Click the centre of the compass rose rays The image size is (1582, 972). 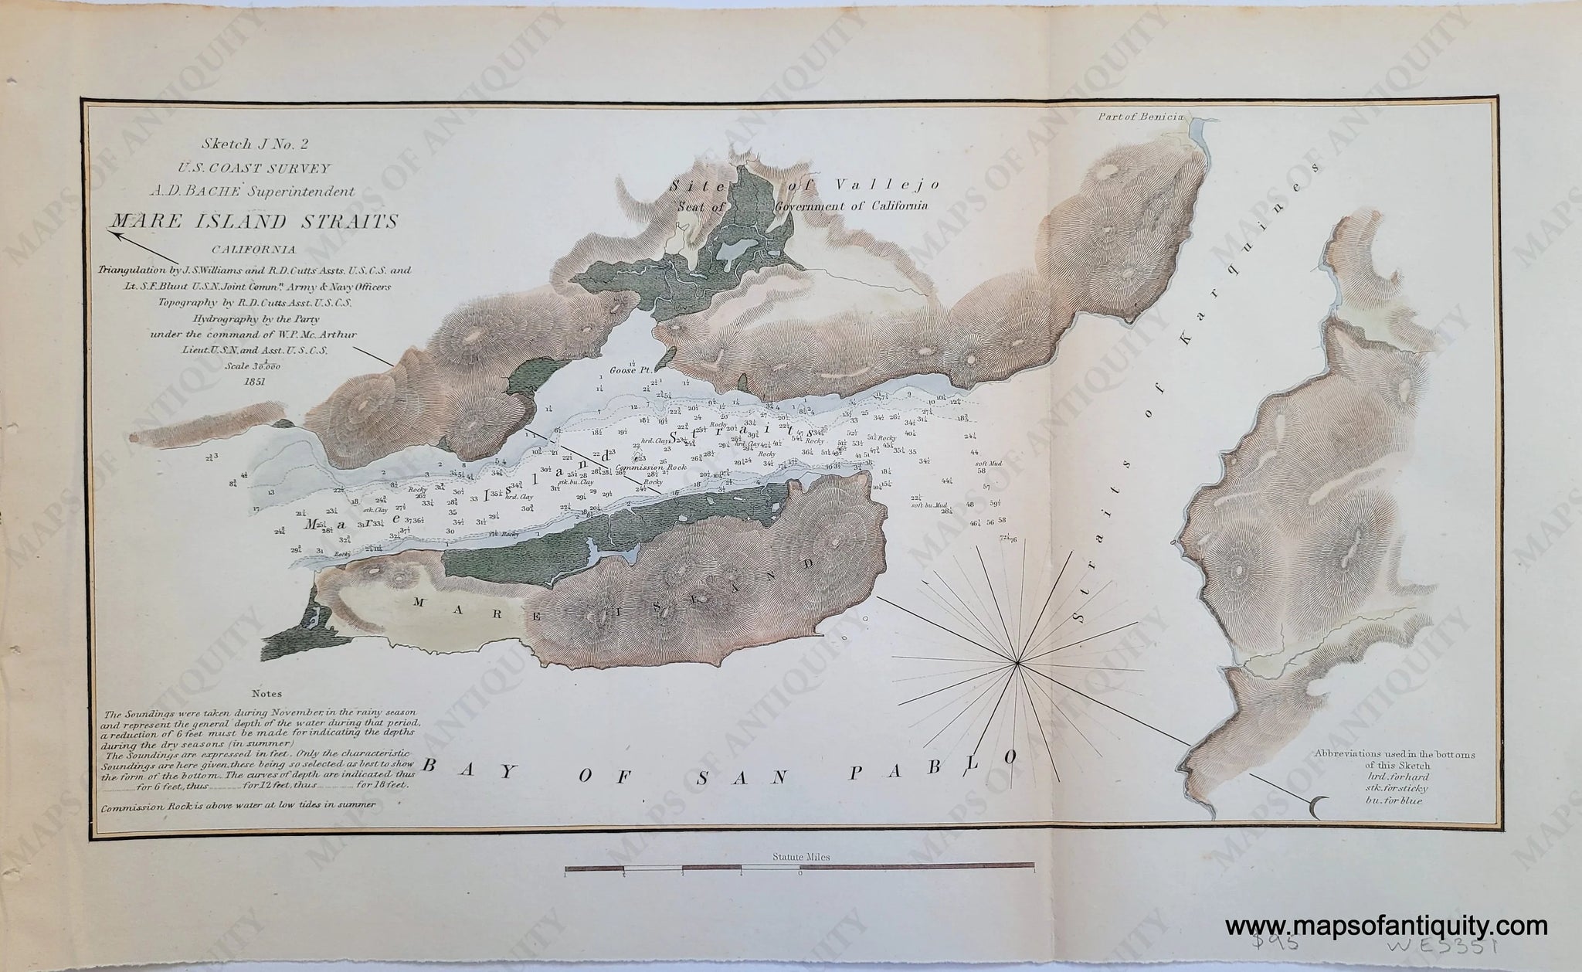(x=1018, y=662)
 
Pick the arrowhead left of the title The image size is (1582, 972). (x=113, y=227)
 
